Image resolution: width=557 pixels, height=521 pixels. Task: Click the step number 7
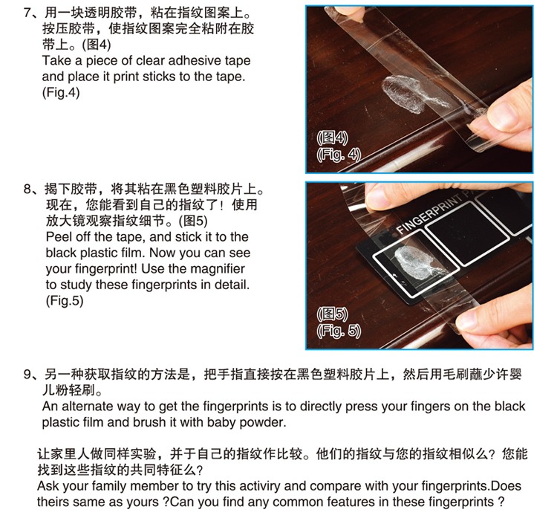pos(27,13)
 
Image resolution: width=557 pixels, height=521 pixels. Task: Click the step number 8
pos(27,189)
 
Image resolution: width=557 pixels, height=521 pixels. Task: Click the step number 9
pos(27,375)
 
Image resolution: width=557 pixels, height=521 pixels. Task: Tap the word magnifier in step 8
pos(218,268)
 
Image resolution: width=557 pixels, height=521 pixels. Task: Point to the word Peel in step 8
pos(58,236)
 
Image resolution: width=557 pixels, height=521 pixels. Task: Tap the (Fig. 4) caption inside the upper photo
pos(339,155)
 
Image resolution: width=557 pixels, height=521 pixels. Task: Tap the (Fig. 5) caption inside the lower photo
pos(339,331)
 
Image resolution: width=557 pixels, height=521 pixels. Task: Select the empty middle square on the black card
pos(467,233)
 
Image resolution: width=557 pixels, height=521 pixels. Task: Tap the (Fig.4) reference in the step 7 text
pos(61,93)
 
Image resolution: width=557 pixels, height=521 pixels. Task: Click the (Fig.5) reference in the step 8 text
pos(65,301)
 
